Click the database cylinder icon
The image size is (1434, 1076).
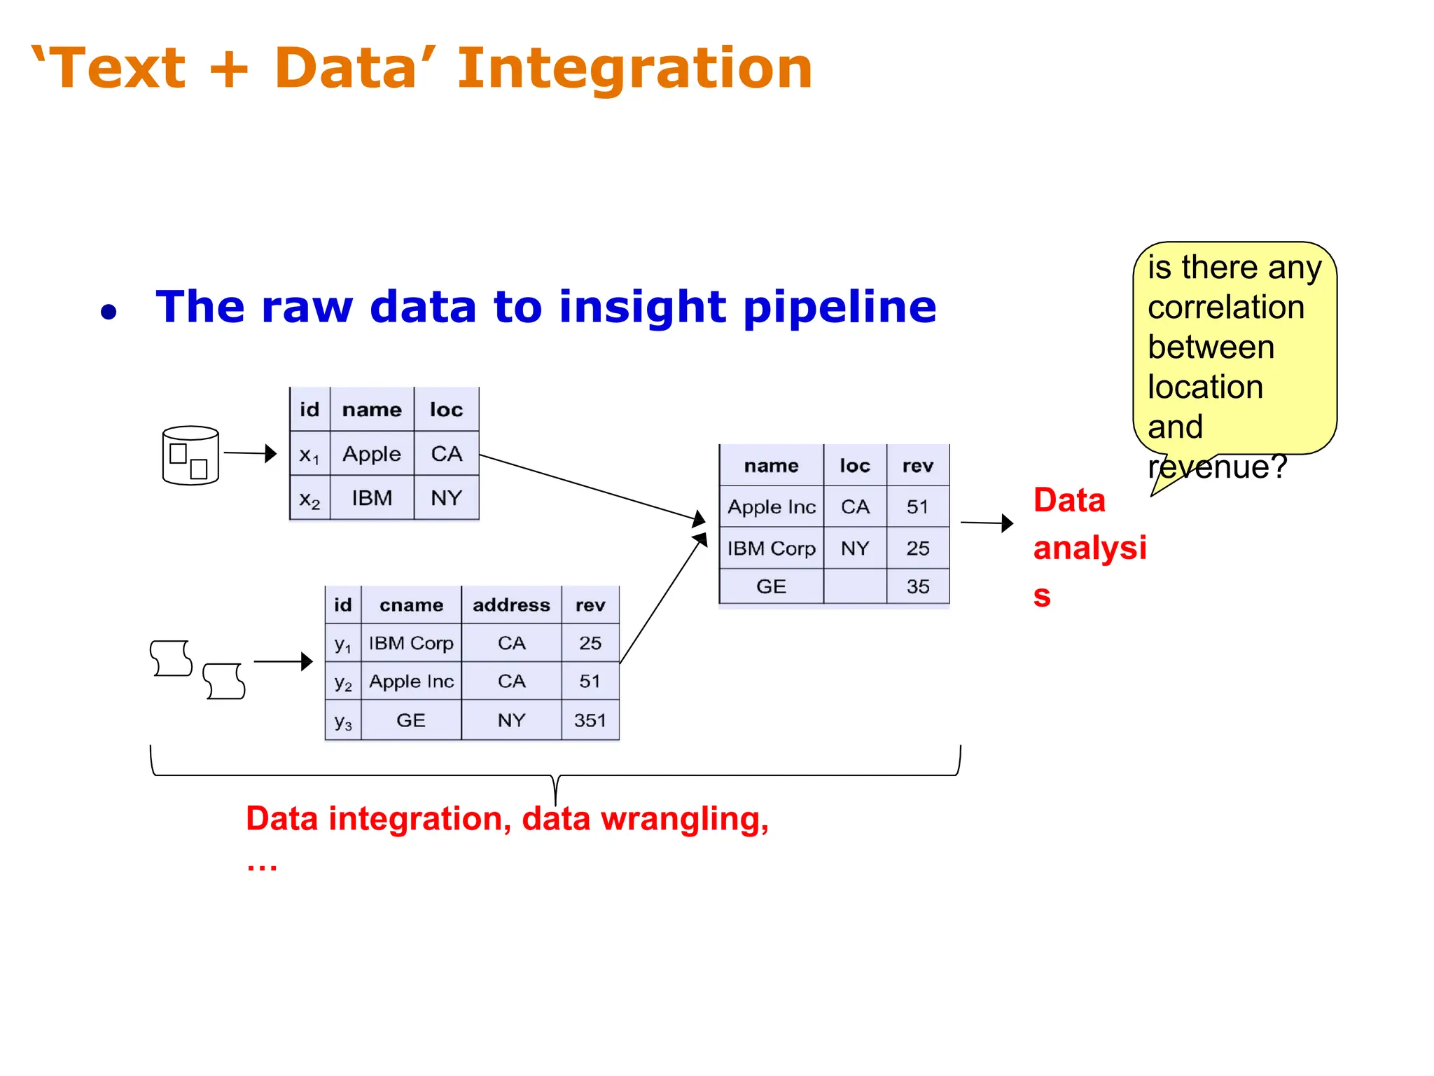190,455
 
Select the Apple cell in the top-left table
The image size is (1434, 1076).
372,454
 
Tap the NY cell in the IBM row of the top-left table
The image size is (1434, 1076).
446,498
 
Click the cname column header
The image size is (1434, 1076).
411,605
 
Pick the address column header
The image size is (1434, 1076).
511,605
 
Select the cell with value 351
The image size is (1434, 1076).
590,720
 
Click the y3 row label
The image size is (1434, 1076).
342,721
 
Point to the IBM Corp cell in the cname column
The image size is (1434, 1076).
411,643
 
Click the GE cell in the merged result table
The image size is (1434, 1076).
771,586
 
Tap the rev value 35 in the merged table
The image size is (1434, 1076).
917,586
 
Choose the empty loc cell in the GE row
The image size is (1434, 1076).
854,586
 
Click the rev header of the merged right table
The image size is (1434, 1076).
917,466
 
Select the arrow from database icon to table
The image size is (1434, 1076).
250,453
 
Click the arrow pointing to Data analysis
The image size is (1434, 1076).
987,523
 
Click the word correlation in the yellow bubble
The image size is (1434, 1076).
1225,308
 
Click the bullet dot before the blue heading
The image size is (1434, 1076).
109,312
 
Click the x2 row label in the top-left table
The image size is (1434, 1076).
309,499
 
